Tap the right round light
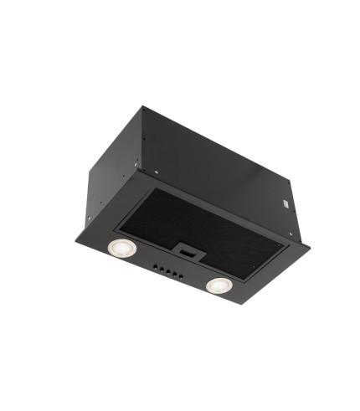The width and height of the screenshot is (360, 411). click(x=219, y=285)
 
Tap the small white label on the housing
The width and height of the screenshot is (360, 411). click(x=284, y=201)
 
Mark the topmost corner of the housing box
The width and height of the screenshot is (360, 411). click(x=141, y=106)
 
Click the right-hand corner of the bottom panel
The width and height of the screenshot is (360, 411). click(x=310, y=248)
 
